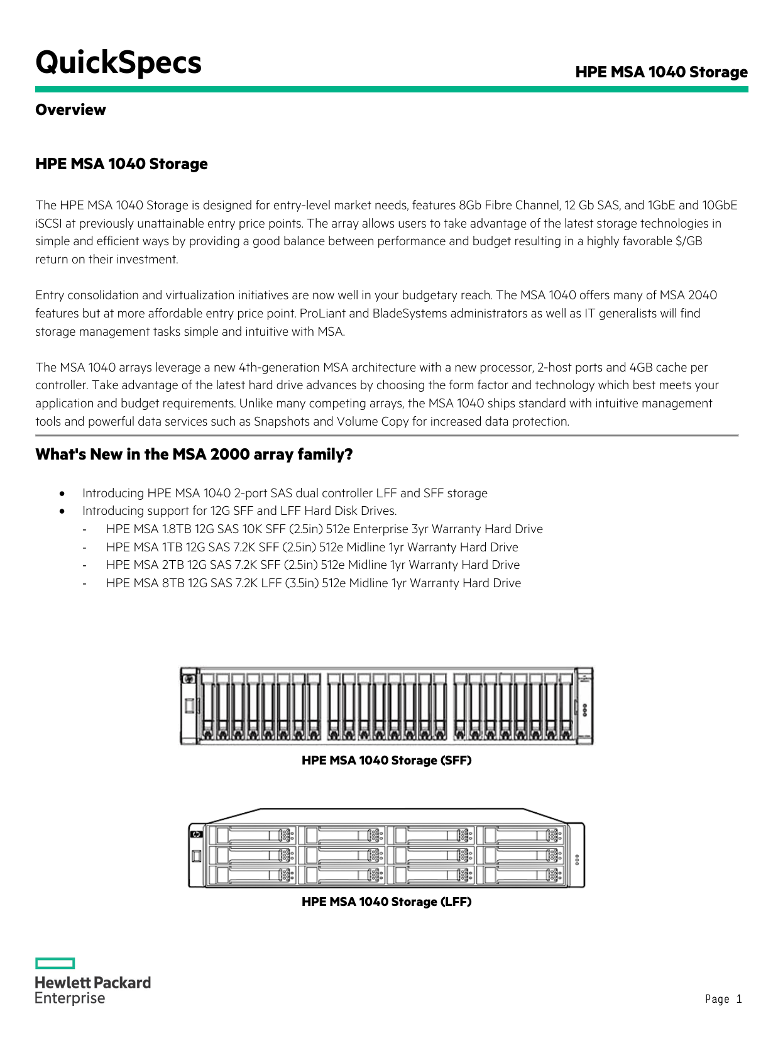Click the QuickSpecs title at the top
coord(118,63)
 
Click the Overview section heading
coord(70,110)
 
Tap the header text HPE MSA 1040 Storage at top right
coord(661,72)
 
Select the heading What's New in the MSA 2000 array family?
coord(194,455)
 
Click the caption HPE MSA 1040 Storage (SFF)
coord(386,761)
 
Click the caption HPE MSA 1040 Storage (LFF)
coord(386,902)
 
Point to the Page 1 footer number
coord(723,999)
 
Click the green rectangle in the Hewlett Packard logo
coord(55,963)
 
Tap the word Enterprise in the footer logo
coord(70,999)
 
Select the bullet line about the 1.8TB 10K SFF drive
coord(324,529)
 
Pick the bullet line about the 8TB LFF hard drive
coord(313,583)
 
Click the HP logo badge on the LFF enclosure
coord(196,834)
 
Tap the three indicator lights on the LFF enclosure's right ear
coord(577,860)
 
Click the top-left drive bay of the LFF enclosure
coord(251,835)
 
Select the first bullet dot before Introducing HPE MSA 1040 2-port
coord(62,494)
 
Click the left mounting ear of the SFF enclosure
coord(189,705)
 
